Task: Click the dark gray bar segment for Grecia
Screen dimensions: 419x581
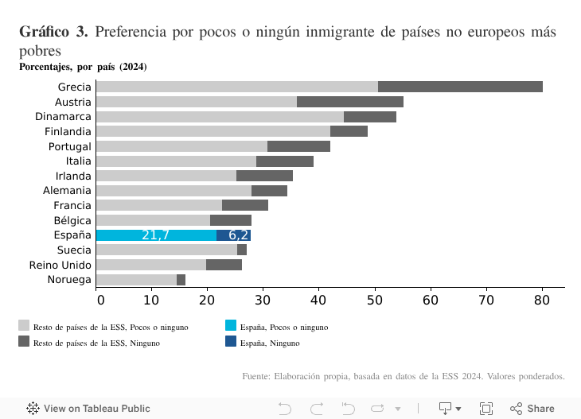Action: tap(460, 87)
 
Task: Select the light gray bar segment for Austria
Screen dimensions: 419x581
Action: tap(196, 102)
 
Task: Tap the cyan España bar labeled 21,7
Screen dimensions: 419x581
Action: tap(156, 235)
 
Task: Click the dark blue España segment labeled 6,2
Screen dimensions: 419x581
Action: tap(233, 235)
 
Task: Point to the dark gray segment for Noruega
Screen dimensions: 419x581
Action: tap(181, 280)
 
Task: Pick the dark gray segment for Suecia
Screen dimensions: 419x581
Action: tap(242, 250)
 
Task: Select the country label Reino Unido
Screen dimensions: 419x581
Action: tap(60, 265)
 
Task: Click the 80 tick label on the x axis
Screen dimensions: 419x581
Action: tap(541, 300)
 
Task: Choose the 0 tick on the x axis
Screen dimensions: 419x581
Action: tap(100, 300)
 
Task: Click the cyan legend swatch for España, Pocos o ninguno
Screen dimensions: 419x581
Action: tap(231, 325)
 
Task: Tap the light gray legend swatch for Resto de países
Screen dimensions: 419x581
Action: tap(24, 325)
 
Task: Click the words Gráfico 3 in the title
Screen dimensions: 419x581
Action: tap(53, 33)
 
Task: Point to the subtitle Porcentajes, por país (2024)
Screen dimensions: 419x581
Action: tap(83, 67)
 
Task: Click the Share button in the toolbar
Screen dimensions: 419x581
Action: tap(532, 409)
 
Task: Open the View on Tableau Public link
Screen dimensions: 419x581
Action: tap(88, 409)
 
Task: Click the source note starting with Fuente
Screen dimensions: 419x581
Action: tap(403, 376)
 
